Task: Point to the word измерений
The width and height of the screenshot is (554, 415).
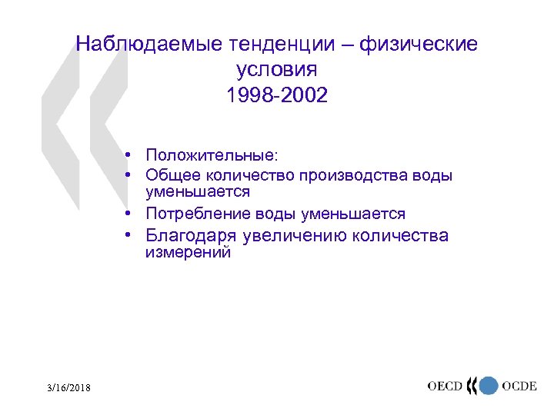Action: tap(189, 253)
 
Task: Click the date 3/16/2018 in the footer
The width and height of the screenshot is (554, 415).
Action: tap(66, 389)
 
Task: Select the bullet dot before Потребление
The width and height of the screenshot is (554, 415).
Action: tap(133, 214)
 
